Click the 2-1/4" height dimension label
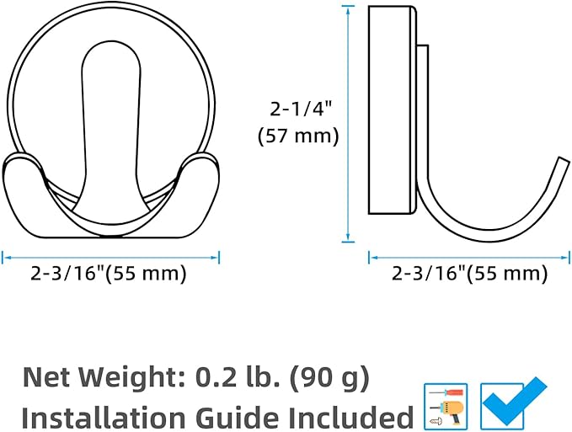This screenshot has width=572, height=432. click(x=301, y=109)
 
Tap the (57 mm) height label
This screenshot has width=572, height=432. click(x=298, y=136)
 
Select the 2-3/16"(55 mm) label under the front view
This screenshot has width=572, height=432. click(x=109, y=273)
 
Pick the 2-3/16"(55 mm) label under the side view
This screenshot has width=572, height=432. click(x=469, y=273)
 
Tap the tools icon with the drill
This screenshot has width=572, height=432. click(x=446, y=407)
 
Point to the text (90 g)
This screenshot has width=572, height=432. click(x=329, y=377)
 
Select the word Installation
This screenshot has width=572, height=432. click(x=104, y=417)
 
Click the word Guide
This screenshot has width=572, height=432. click(x=238, y=417)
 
